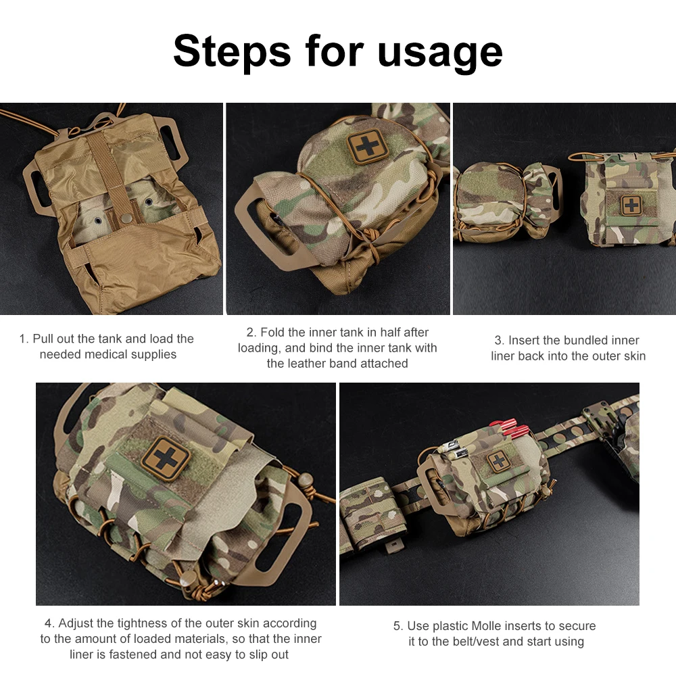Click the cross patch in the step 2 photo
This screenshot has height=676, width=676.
(x=368, y=147)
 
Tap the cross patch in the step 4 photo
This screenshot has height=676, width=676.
(x=166, y=458)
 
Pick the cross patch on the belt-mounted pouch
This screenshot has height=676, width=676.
(x=498, y=462)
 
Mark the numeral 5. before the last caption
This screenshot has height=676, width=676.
(x=398, y=626)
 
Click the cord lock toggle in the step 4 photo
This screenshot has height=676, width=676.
(x=306, y=479)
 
